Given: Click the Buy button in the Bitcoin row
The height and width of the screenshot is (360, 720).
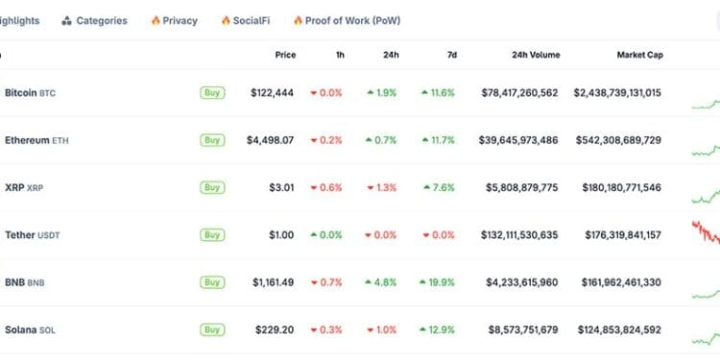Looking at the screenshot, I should coord(212,93).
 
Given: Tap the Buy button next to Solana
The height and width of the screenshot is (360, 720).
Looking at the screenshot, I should coord(212,330).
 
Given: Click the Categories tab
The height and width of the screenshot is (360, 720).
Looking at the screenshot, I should coord(94,20).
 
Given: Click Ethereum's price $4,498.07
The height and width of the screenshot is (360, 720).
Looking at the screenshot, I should coord(271,140).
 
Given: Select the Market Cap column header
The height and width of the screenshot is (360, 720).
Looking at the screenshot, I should coord(639,55).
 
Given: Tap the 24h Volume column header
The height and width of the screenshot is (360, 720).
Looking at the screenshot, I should coord(536,55).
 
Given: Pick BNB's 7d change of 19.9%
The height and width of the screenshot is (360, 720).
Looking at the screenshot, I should coord(437,282).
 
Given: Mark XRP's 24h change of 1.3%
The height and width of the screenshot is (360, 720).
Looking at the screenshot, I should coord(381,187).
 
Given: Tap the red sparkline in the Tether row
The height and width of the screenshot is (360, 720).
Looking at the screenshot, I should coord(705,233).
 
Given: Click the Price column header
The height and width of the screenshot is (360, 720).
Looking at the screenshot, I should coord(285,55).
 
